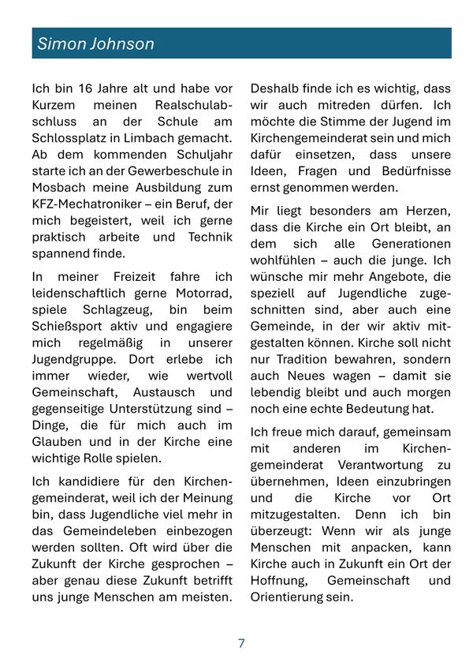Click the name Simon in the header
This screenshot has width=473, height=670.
click(61, 44)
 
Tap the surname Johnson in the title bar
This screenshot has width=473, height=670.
click(122, 44)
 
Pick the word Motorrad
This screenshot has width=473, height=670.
click(206, 294)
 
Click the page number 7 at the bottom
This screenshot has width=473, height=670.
click(241, 643)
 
